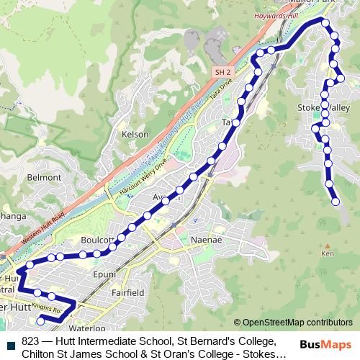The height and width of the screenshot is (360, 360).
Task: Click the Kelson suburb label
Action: tap(135, 134)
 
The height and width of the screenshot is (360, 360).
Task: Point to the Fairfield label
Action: tap(129, 293)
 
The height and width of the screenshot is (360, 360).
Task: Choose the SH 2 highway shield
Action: tap(222, 72)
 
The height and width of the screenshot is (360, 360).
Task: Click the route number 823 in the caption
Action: tap(30, 341)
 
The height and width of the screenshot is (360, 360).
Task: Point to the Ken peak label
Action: tap(328, 254)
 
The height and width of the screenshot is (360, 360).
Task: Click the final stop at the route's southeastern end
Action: tap(335, 202)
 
